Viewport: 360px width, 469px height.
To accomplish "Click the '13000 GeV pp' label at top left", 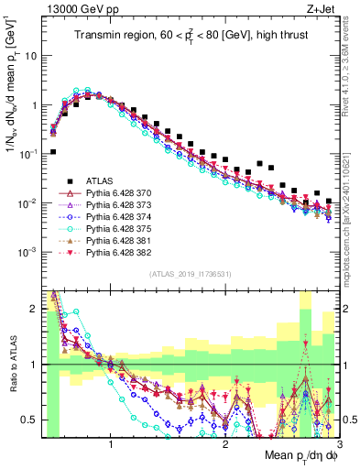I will coord(76,8).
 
